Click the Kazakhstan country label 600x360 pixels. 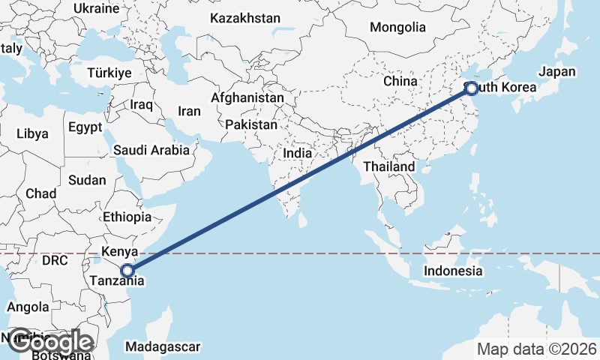click(x=245, y=18)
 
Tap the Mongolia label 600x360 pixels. click(x=397, y=27)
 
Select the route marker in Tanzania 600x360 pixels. click(x=127, y=271)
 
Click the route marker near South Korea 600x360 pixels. click(x=471, y=88)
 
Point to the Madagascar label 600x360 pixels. click(x=163, y=346)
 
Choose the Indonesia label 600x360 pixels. click(x=452, y=271)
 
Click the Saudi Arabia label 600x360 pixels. click(x=151, y=150)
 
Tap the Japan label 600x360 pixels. click(x=556, y=72)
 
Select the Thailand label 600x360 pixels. click(x=389, y=166)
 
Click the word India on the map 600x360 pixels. click(x=298, y=153)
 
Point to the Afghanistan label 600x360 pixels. click(x=247, y=97)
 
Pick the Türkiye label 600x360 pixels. click(x=109, y=73)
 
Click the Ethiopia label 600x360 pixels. click(x=127, y=217)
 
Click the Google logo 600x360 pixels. click(x=50, y=342)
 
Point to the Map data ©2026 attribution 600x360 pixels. click(x=537, y=349)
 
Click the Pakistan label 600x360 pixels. click(x=250, y=124)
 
